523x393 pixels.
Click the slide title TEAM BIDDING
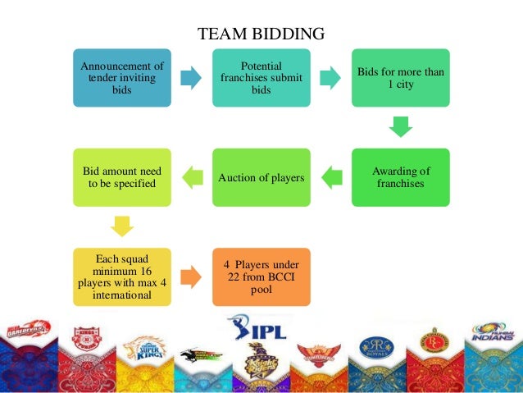click(261, 34)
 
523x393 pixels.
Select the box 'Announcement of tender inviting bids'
click(121, 77)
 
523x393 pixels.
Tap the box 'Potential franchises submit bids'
click(261, 77)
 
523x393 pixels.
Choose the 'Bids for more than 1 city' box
click(401, 77)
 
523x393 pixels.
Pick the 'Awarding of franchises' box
click(401, 177)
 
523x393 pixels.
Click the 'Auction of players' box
click(261, 177)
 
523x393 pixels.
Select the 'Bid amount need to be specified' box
click(121, 177)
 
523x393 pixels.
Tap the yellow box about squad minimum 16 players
click(121, 276)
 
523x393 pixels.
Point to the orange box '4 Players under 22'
click(261, 276)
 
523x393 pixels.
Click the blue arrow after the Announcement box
click(191, 78)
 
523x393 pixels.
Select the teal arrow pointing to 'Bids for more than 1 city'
click(331, 78)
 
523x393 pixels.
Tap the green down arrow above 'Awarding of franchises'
click(400, 127)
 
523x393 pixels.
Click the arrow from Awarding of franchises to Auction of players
click(331, 176)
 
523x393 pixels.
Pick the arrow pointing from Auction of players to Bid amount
click(191, 176)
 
